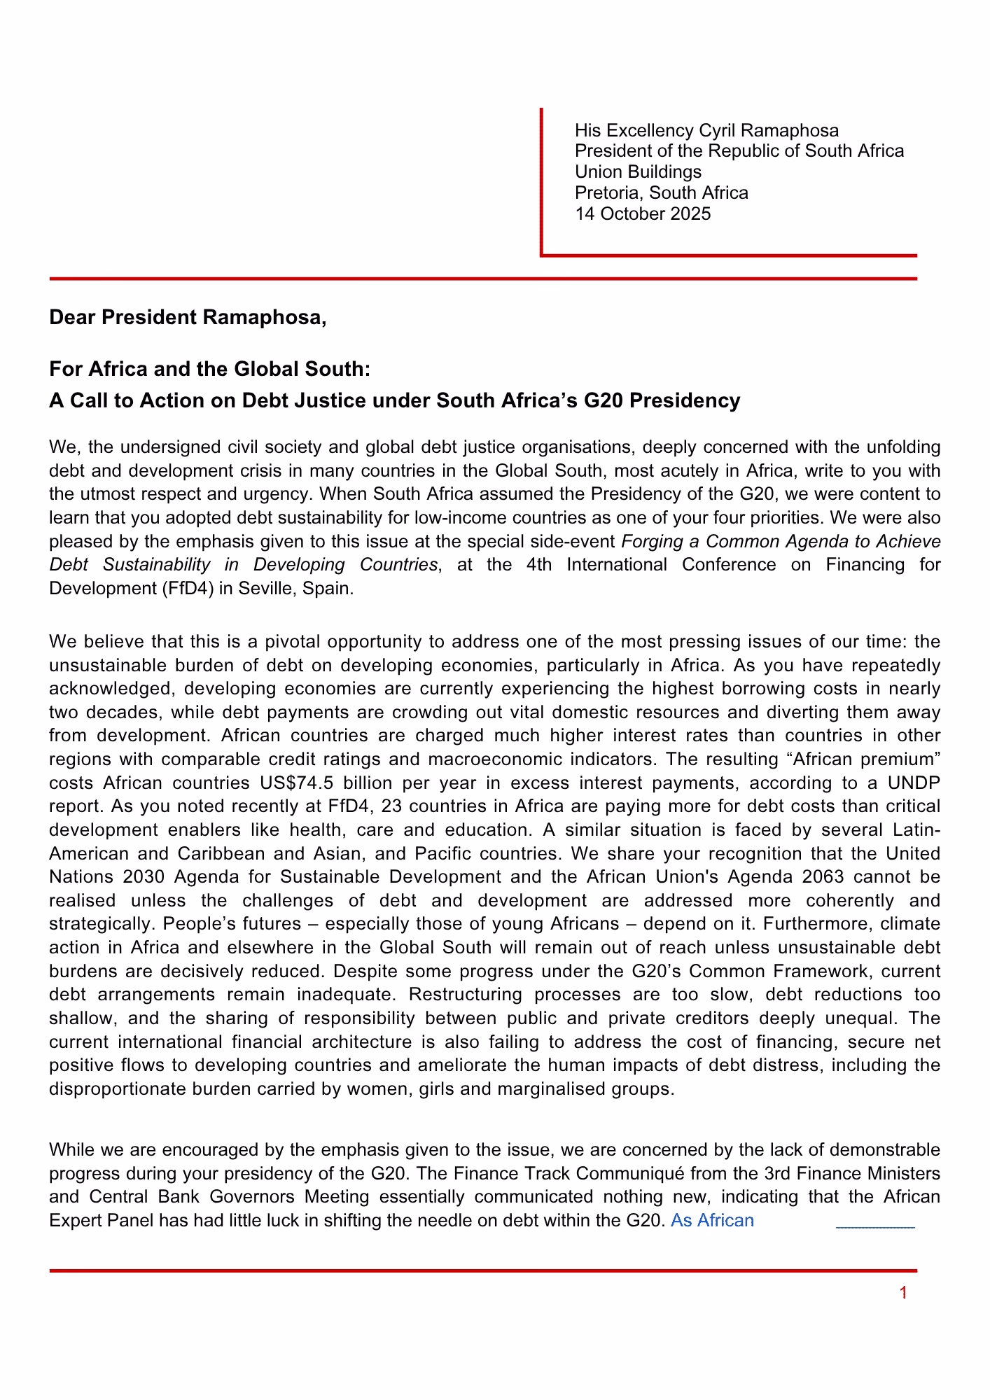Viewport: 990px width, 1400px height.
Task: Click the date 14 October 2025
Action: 642,213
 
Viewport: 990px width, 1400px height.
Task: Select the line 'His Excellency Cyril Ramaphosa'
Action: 706,130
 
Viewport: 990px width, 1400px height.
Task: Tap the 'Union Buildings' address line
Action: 638,171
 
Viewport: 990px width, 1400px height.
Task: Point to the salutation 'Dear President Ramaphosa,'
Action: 188,318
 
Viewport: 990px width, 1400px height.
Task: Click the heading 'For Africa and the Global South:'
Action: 209,368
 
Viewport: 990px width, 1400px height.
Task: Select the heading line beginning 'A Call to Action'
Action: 394,400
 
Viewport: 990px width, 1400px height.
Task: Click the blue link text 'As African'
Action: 712,1221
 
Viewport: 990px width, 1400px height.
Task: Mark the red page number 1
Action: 903,1293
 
